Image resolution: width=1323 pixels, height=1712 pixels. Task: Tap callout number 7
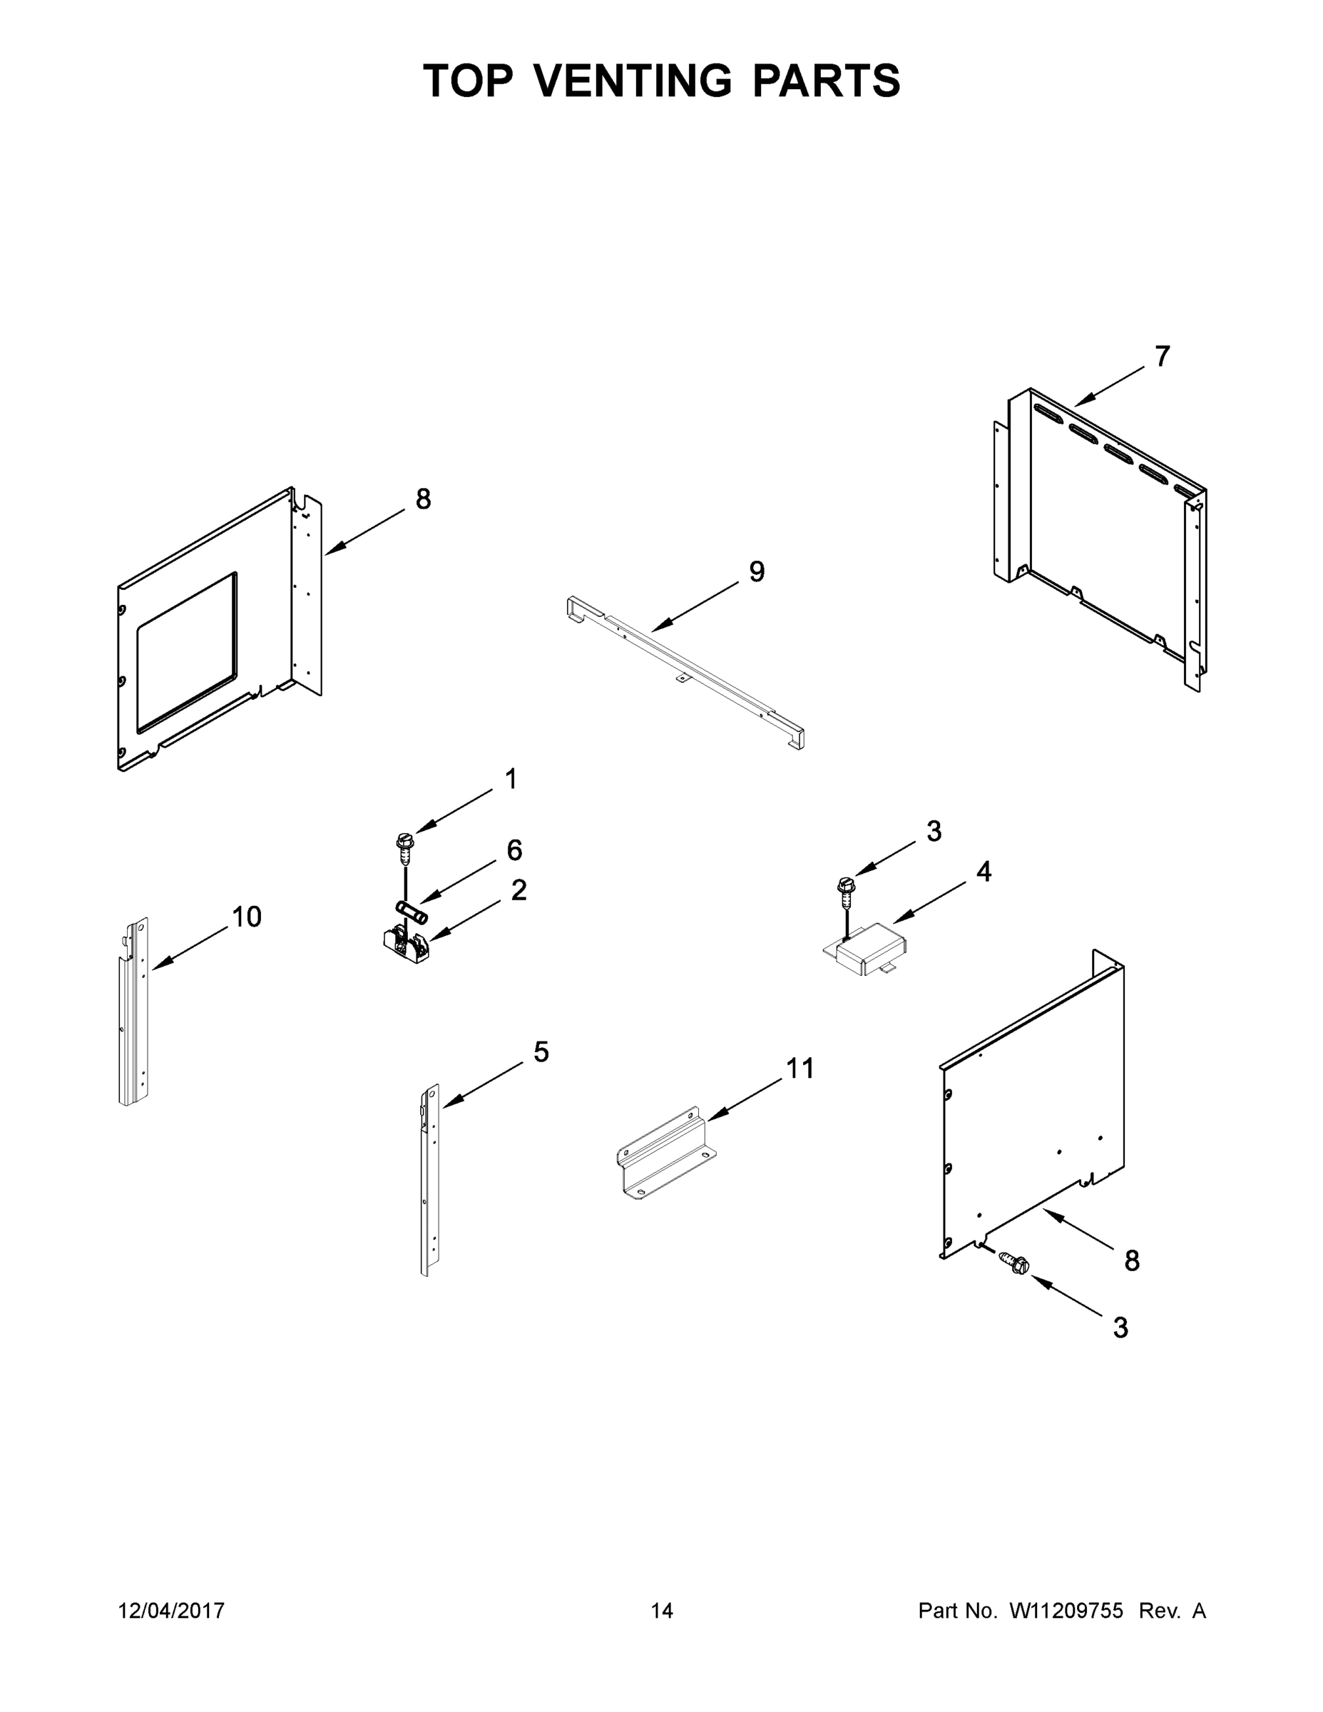pyautogui.click(x=1163, y=357)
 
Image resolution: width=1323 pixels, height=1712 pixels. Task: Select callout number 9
pyautogui.click(x=756, y=571)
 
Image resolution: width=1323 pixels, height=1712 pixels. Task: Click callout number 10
pyautogui.click(x=247, y=917)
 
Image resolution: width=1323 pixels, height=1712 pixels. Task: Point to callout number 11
pyautogui.click(x=800, y=1068)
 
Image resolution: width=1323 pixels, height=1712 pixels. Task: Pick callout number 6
pyautogui.click(x=514, y=850)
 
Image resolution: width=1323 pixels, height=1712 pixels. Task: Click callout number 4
pyautogui.click(x=984, y=871)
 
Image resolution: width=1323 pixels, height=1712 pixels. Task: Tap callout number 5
pyautogui.click(x=541, y=1052)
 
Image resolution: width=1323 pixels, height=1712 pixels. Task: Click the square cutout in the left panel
pyautogui.click(x=185, y=652)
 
